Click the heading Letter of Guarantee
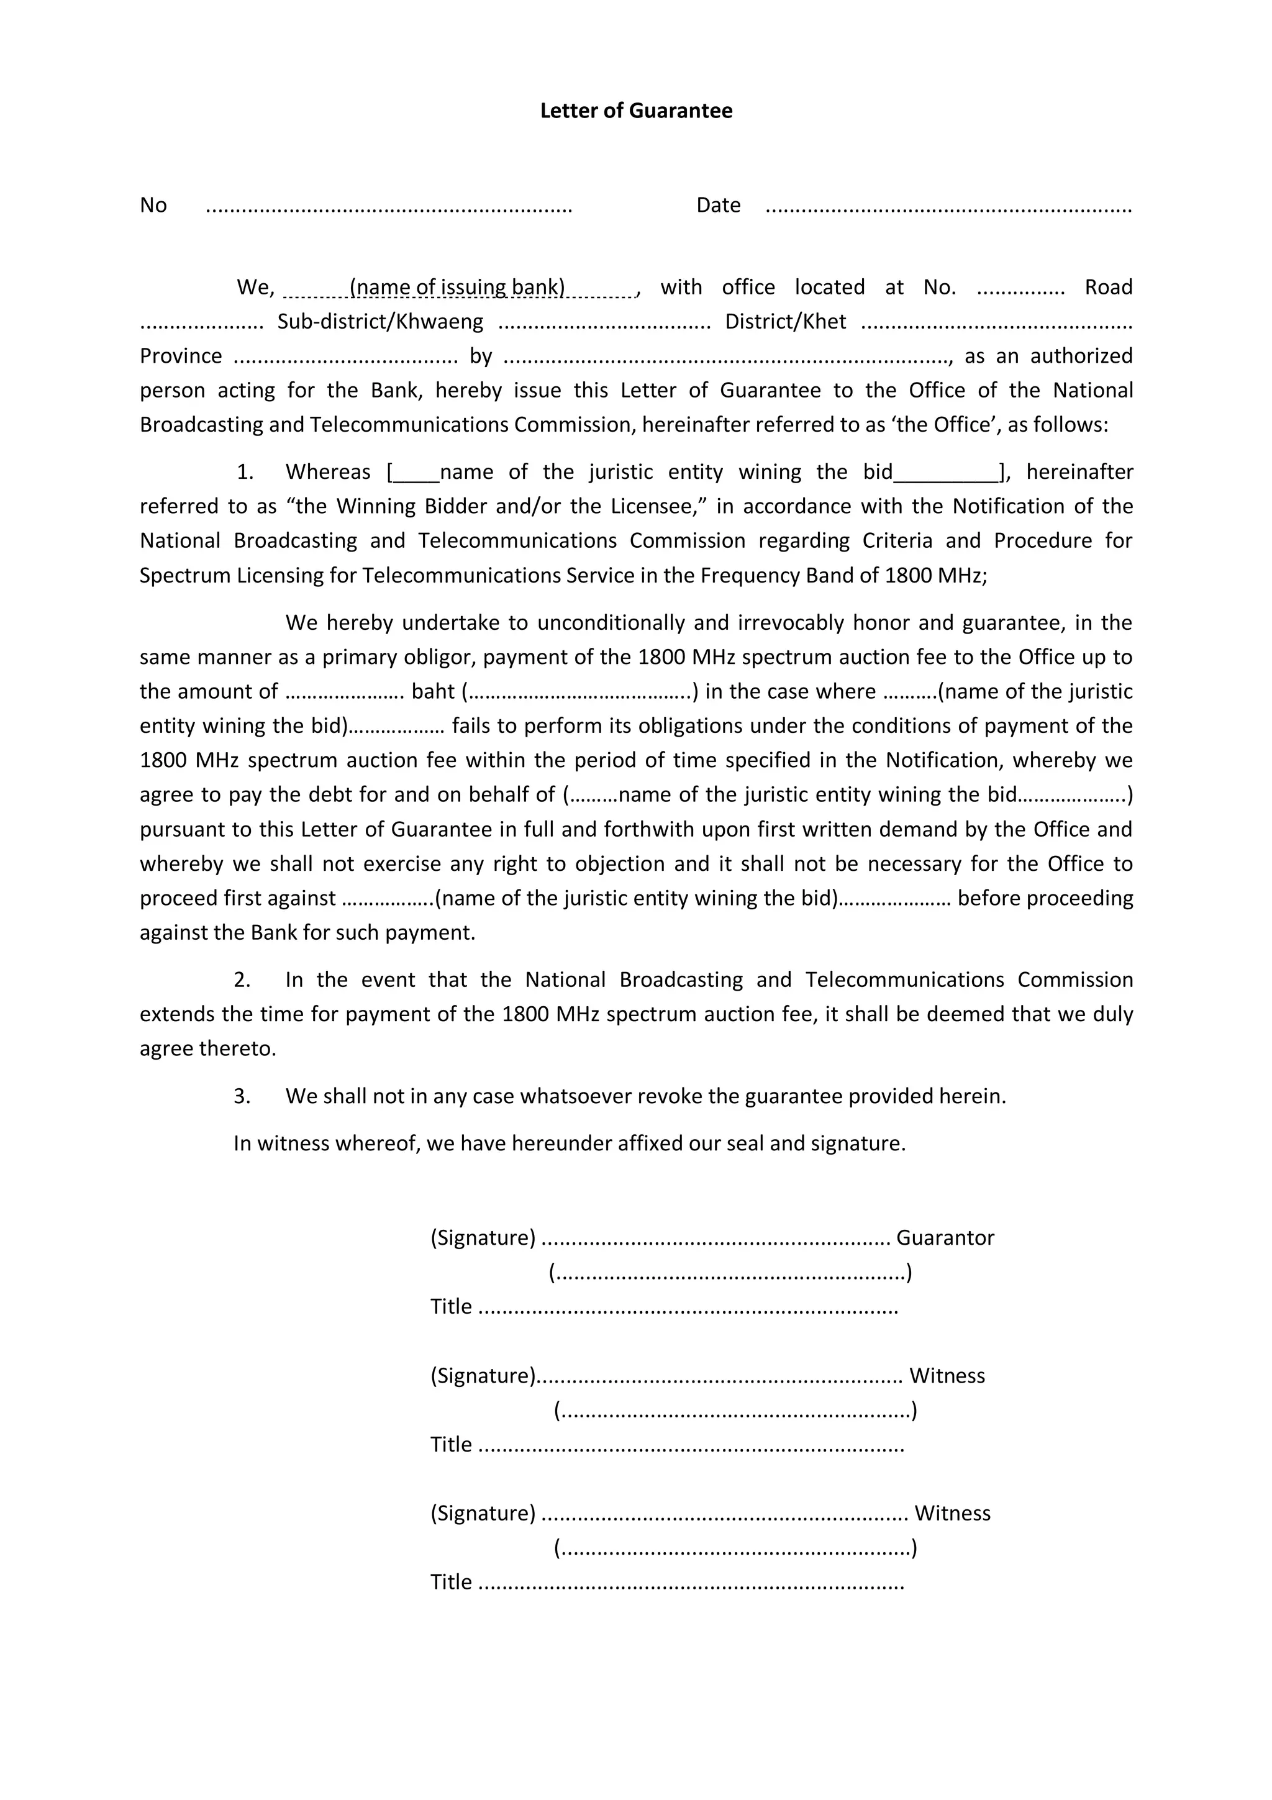(x=635, y=111)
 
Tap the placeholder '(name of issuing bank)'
(x=458, y=287)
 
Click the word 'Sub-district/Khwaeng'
(x=380, y=322)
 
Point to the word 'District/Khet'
(x=785, y=322)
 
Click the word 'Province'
(x=181, y=356)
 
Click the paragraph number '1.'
(x=245, y=472)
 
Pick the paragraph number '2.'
(x=242, y=980)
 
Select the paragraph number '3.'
(x=242, y=1096)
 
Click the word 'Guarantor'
(x=945, y=1238)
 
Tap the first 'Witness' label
(x=947, y=1376)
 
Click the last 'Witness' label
(x=952, y=1513)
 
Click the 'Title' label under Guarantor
(x=451, y=1307)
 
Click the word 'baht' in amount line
(x=433, y=691)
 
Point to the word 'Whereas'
(x=327, y=472)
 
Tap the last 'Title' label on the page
(x=451, y=1582)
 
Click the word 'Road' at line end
(x=1108, y=287)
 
